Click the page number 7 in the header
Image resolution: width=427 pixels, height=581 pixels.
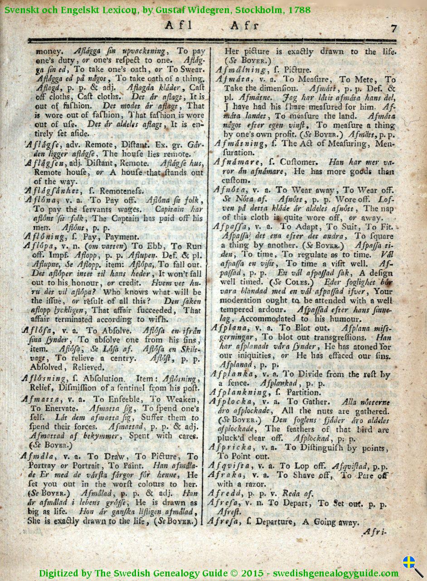point(393,28)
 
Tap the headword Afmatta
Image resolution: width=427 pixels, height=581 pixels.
point(43,399)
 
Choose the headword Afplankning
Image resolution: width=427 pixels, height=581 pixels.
point(240,392)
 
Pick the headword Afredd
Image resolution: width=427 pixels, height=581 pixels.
point(226,493)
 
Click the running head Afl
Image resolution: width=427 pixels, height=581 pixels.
point(178,26)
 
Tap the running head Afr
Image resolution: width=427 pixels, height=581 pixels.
point(245,26)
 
